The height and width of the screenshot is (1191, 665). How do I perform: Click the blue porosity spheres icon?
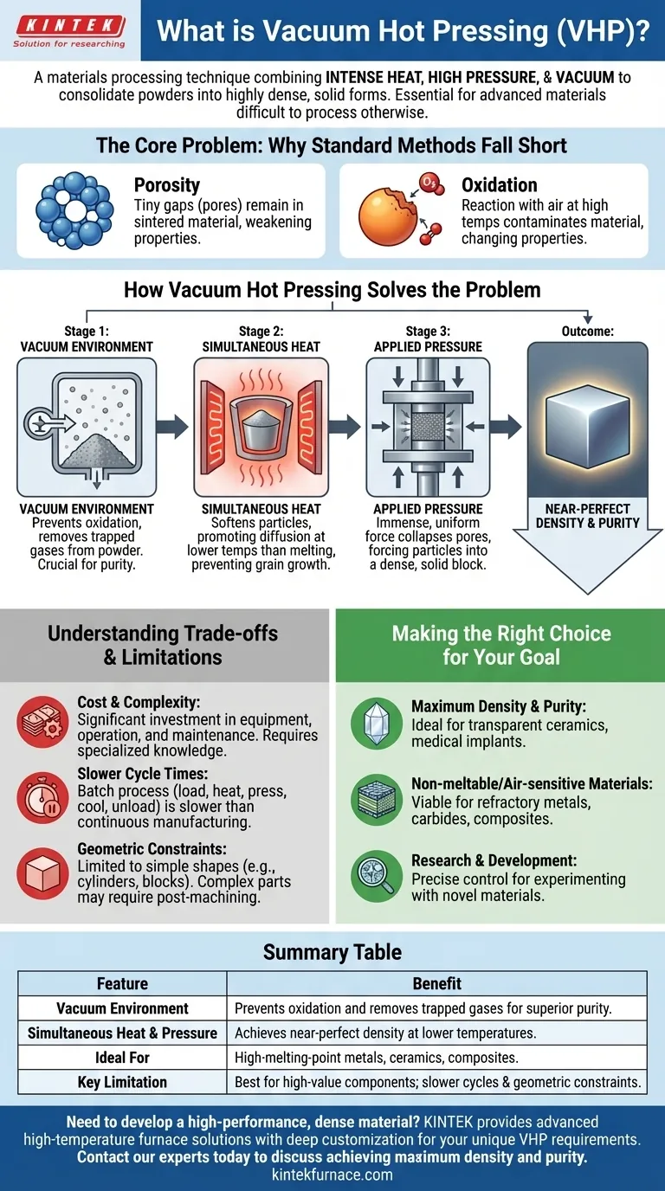(74, 210)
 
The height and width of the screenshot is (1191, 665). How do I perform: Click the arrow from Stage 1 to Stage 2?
(176, 425)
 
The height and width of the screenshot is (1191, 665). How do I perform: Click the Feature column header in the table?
(122, 983)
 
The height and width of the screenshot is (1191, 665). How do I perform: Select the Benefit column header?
(436, 983)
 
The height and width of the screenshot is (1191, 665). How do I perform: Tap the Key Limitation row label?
(122, 1082)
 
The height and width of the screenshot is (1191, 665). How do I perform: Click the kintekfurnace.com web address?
(332, 1175)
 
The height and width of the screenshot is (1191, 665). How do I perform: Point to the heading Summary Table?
(332, 952)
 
